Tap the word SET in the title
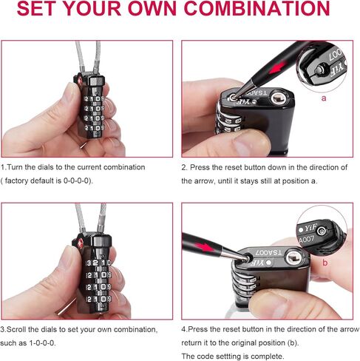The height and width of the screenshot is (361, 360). point(47,10)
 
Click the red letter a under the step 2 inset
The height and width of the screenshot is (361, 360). point(323,96)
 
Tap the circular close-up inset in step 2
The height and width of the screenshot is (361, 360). point(323,67)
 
